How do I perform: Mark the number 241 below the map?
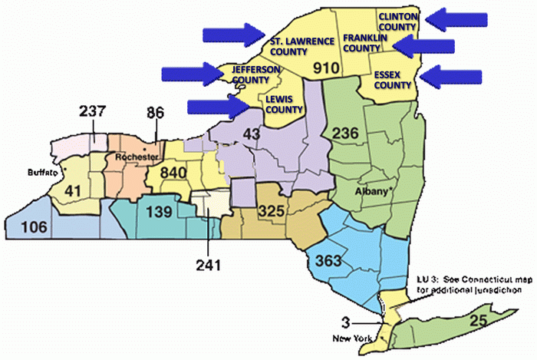tap(208, 265)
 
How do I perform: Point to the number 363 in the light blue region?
tap(324, 259)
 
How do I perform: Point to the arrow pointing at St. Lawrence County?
tap(233, 34)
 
